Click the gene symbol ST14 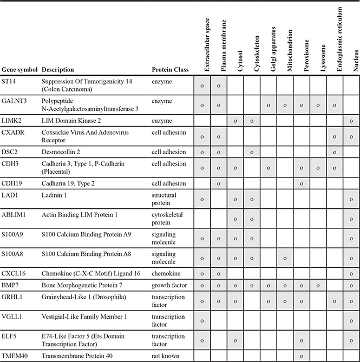(9, 81)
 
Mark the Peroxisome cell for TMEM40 (302, 356)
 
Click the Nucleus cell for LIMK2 (352, 121)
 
